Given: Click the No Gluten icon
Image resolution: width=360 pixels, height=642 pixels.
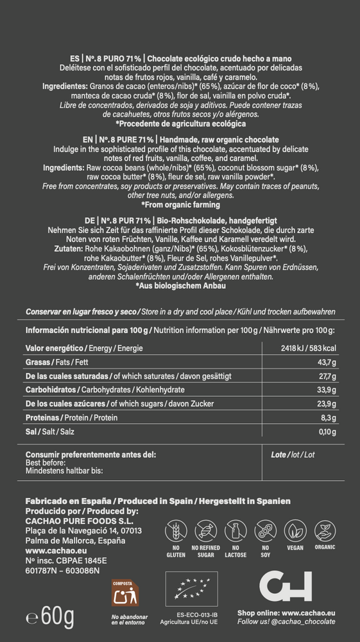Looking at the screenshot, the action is (175, 532).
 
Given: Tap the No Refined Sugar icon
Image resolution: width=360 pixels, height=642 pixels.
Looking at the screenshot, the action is (207, 532).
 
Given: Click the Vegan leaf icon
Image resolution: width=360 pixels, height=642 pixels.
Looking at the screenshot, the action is (296, 532).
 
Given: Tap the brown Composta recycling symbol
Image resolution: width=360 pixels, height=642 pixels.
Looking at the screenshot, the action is (125, 595).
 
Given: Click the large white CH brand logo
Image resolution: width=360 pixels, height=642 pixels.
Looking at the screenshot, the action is (286, 586).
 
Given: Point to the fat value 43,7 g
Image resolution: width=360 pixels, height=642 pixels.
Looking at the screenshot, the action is (327, 362).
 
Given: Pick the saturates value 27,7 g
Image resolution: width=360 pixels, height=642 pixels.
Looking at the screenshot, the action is (327, 376).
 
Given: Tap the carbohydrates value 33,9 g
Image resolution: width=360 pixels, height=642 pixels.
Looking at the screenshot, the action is (327, 390).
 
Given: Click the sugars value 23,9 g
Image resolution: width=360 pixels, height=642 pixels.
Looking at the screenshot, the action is (327, 404).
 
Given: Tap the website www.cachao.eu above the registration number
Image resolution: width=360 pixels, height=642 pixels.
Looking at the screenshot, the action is (49, 551).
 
